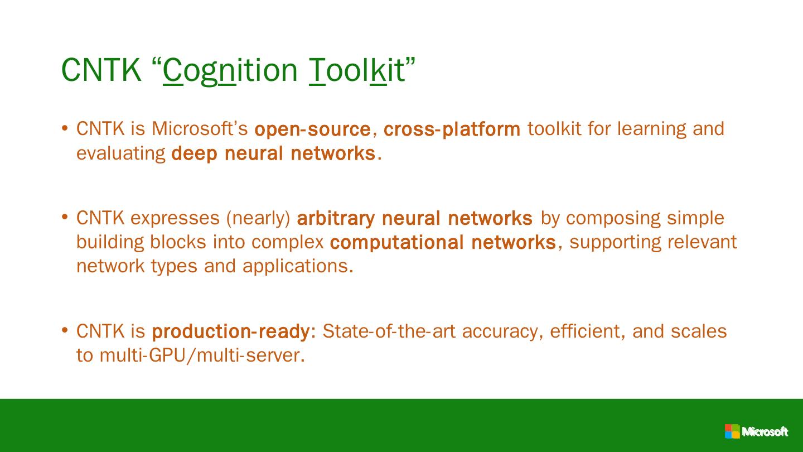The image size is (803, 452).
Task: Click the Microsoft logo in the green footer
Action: [x=756, y=431]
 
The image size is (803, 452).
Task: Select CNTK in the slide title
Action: [x=101, y=70]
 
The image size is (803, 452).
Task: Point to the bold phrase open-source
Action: [x=312, y=129]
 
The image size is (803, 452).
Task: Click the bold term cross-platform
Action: [x=452, y=129]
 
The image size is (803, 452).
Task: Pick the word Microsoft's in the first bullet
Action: [x=200, y=128]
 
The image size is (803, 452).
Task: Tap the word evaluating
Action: [x=120, y=153]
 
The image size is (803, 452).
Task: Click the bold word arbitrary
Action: [x=336, y=218]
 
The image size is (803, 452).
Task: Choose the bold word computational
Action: [x=397, y=242]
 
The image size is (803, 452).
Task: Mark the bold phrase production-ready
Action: [x=230, y=331]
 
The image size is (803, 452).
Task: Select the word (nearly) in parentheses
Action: [x=258, y=218]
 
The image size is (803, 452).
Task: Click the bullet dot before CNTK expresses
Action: [x=65, y=217]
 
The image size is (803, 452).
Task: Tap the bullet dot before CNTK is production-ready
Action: [x=65, y=330]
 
